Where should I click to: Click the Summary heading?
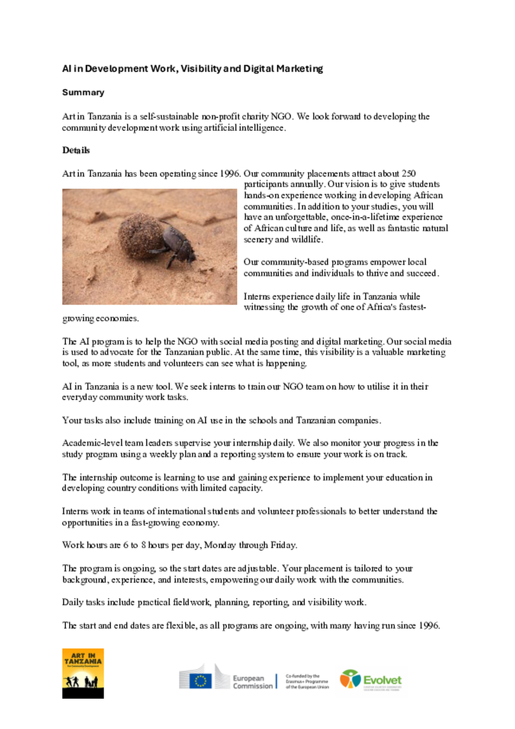[x=83, y=92]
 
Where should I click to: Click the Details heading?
[x=76, y=150]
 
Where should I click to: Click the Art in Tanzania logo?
[x=83, y=673]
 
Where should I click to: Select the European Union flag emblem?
[x=201, y=681]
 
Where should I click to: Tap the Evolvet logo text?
[x=382, y=680]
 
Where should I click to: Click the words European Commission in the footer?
[x=253, y=682]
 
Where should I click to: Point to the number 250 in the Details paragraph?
[x=408, y=173]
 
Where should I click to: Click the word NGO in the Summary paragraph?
[x=281, y=116]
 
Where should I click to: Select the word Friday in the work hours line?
[x=283, y=545]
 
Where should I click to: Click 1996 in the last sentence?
[x=429, y=625]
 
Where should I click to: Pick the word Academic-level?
[x=92, y=443]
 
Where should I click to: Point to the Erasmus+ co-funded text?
[x=307, y=681]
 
